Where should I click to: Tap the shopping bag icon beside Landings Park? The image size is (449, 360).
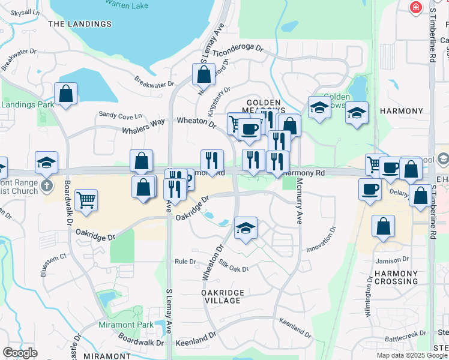[x=65, y=94]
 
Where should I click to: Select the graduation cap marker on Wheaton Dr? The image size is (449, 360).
[x=246, y=229]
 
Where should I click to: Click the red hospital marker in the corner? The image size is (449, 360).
[x=415, y=7]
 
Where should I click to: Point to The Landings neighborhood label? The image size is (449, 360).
[x=80, y=24]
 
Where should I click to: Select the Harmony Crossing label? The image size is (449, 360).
[x=396, y=277]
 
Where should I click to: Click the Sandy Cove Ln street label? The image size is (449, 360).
[x=120, y=115]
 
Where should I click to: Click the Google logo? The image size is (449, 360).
[x=20, y=353]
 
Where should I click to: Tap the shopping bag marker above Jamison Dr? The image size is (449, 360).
[x=382, y=227]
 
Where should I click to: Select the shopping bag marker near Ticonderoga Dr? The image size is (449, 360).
[x=203, y=74]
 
